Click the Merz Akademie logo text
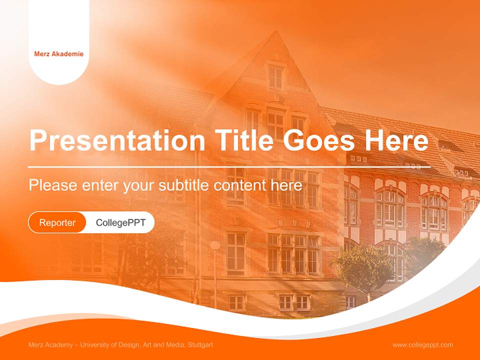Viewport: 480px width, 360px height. click(58, 54)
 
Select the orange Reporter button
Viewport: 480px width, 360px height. click(57, 222)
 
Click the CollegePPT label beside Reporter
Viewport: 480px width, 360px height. click(120, 222)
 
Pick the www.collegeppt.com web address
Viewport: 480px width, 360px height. click(422, 345)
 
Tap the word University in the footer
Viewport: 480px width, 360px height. click(98, 345)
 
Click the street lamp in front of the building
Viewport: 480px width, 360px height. click(215, 246)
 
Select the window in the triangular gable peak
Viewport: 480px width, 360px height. click(275, 76)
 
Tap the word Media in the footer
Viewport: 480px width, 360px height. click(174, 345)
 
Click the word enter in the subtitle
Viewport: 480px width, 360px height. click(100, 185)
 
